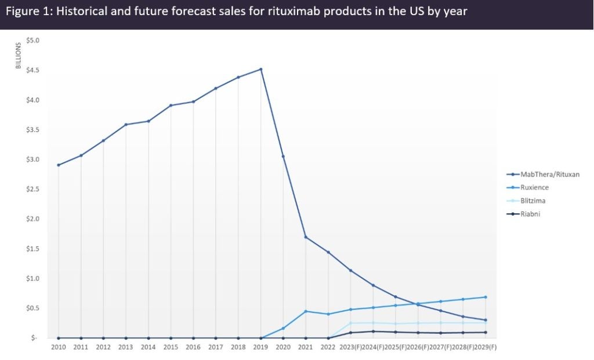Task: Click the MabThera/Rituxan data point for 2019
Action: (x=261, y=70)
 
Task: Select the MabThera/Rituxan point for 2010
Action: (x=59, y=165)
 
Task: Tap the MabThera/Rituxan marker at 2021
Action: (x=306, y=237)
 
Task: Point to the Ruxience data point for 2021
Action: (x=306, y=311)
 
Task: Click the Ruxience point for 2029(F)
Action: (x=485, y=297)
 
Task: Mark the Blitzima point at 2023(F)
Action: (x=350, y=323)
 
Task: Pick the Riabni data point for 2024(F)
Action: (x=373, y=332)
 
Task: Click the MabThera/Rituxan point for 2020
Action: (x=283, y=157)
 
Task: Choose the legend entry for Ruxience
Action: (x=534, y=187)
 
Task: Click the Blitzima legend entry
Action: (x=533, y=201)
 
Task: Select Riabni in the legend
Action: (x=531, y=214)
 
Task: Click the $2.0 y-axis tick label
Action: (x=32, y=219)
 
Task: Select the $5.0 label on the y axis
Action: (x=32, y=41)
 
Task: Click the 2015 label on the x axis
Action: (x=171, y=347)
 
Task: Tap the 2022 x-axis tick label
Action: (x=328, y=347)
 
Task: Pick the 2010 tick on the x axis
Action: (x=59, y=347)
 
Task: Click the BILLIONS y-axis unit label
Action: (x=18, y=56)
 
